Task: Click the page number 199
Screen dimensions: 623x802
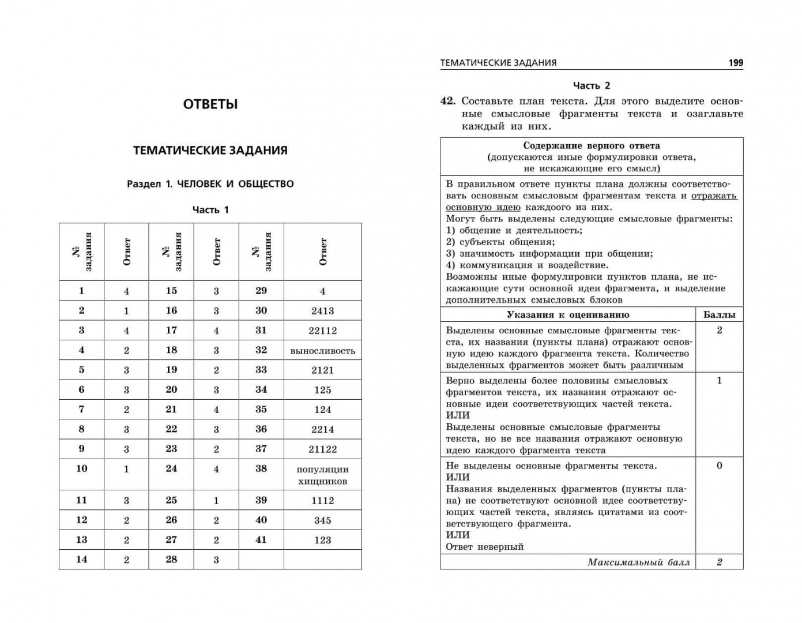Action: coord(736,63)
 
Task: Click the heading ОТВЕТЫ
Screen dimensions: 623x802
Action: coord(210,104)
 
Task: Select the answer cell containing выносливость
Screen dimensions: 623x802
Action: coord(323,351)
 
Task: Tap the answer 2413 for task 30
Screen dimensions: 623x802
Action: coord(323,311)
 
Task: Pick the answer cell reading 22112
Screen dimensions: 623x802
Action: coord(323,331)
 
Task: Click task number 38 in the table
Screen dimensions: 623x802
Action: coord(261,468)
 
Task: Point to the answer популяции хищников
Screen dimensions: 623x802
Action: coord(323,475)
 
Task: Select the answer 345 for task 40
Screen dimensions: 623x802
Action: coord(323,520)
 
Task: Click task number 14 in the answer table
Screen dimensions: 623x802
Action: coord(81,559)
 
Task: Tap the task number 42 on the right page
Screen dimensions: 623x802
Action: coord(448,101)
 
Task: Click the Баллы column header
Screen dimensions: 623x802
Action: coord(719,315)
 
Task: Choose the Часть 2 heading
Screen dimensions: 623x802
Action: coord(592,85)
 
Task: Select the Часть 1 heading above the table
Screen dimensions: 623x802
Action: coord(210,209)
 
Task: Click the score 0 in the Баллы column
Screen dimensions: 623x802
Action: coord(719,466)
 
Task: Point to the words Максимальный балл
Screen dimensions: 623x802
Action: coord(638,562)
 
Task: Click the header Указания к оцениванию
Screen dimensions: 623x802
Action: coord(567,315)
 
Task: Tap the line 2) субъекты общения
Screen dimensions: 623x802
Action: coord(500,242)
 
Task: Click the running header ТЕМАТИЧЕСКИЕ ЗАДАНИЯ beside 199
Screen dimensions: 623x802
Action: coord(498,63)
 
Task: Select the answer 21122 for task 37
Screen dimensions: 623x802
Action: coord(323,449)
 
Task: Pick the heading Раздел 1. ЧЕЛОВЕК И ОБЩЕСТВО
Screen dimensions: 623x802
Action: coord(210,184)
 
